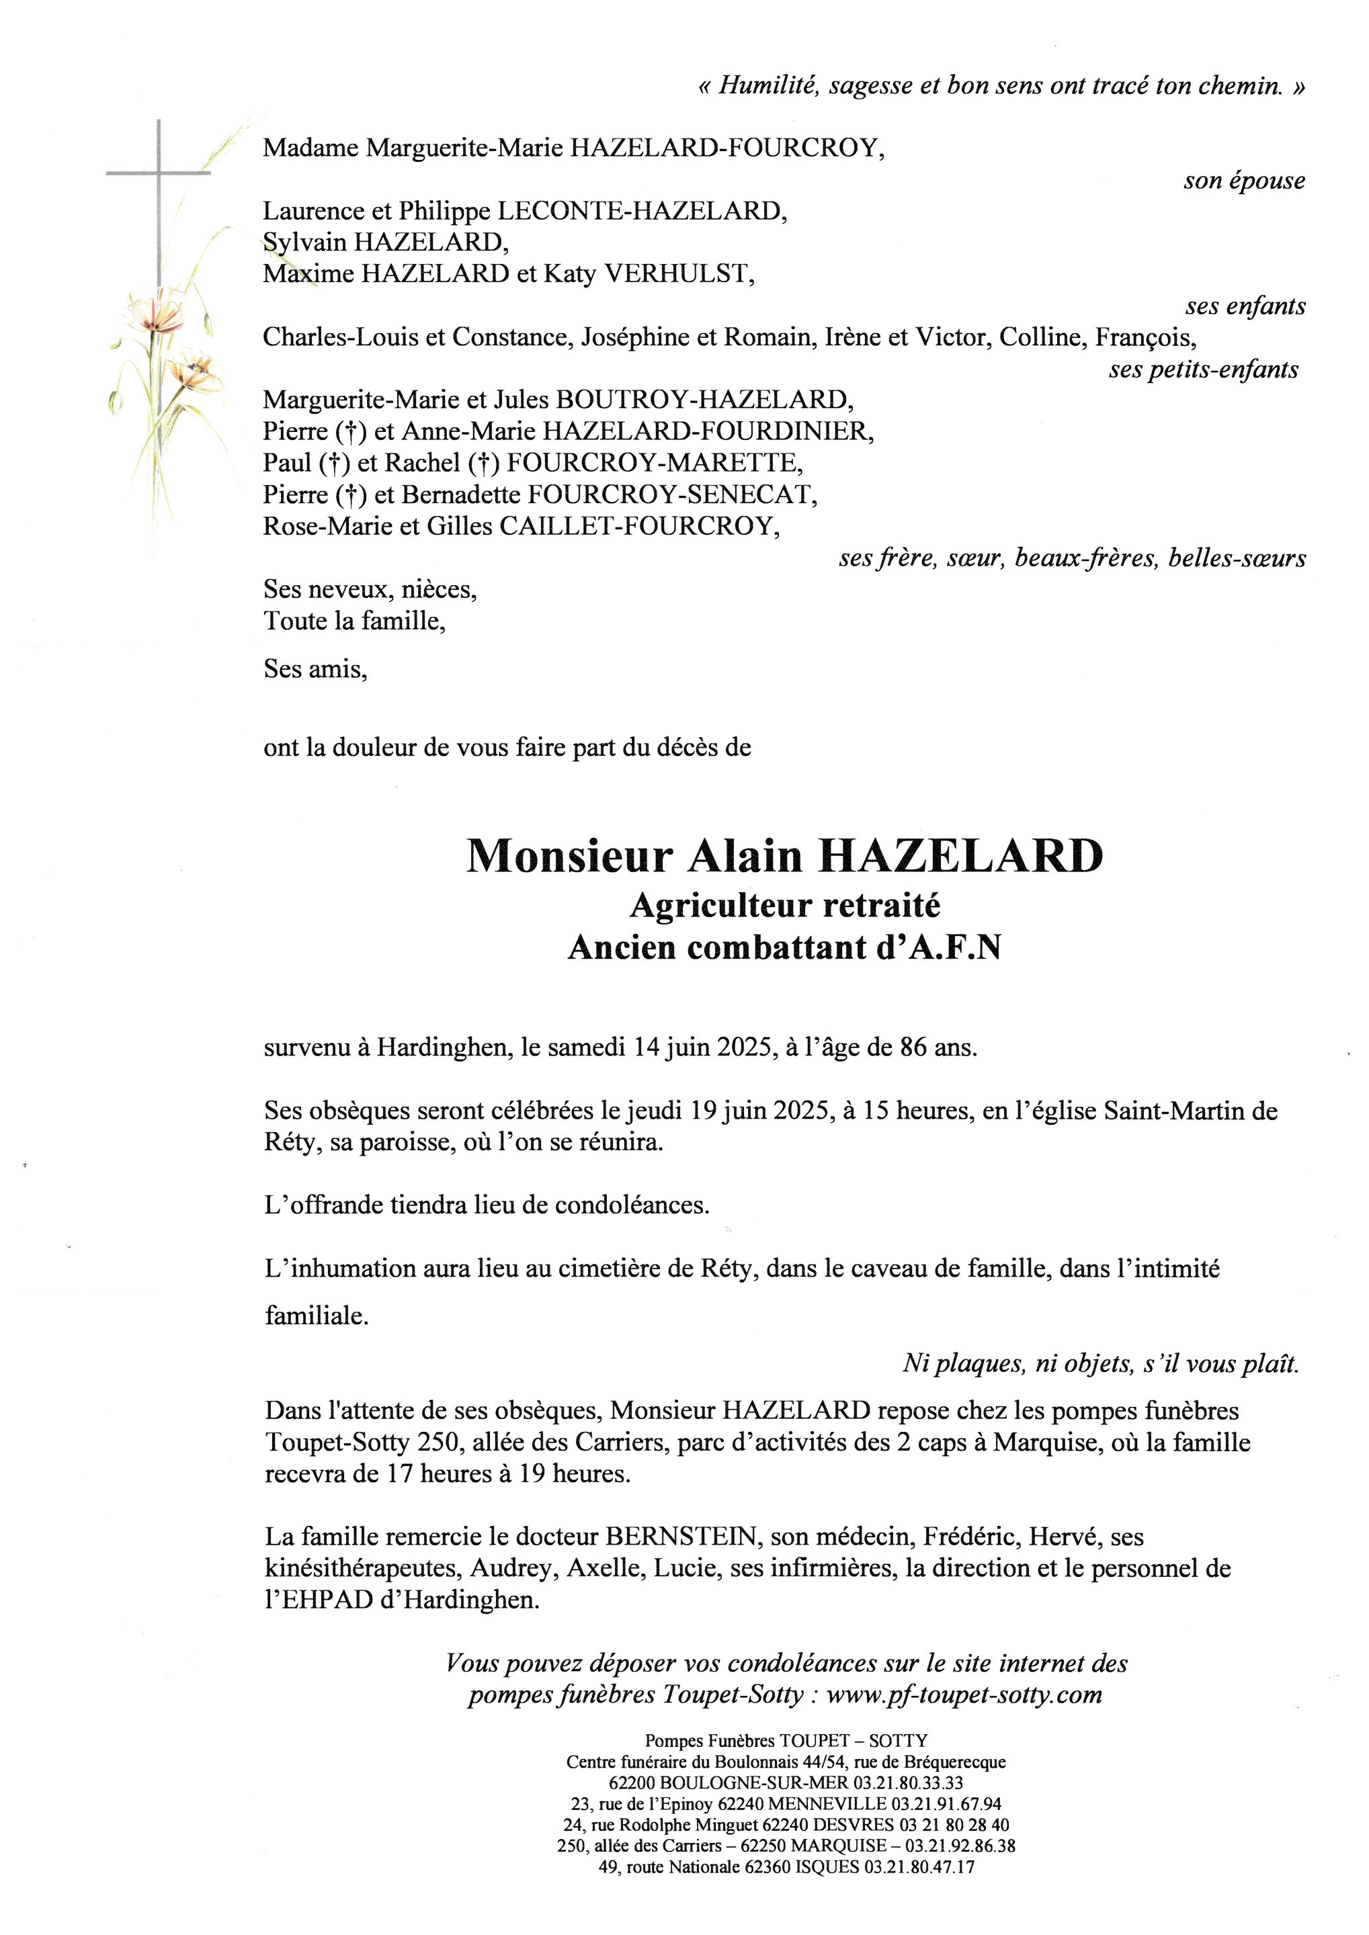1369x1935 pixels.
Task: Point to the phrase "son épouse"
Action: point(1243,180)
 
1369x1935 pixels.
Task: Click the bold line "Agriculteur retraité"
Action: point(784,905)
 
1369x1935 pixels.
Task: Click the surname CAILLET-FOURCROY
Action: point(636,526)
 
